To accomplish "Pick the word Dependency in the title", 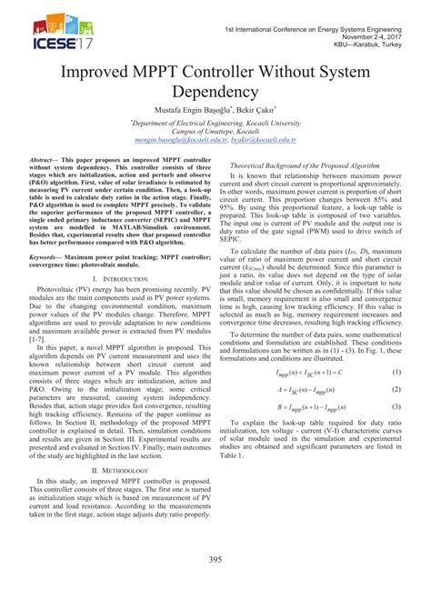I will [x=215, y=94].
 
